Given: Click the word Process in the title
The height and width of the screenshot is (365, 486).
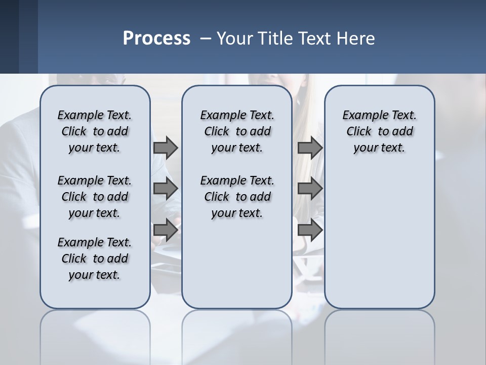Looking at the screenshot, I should tap(156, 39).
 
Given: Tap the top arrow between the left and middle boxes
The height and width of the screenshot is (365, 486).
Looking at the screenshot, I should tap(166, 148).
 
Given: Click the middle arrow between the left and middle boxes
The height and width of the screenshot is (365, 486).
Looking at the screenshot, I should tap(166, 189).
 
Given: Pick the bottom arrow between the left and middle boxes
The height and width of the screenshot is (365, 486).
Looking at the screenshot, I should tap(166, 230).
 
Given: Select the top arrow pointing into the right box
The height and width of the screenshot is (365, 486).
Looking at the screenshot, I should tap(310, 148).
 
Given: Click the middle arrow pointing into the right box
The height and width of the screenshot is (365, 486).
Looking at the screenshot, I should tap(310, 189).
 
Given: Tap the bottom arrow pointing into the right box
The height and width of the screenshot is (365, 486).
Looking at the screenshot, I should tap(310, 230).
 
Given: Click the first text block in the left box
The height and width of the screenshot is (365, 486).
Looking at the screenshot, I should tap(95, 131).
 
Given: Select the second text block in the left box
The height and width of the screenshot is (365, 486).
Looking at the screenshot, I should tap(95, 197).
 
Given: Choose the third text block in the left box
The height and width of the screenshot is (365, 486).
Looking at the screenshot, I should tap(95, 259).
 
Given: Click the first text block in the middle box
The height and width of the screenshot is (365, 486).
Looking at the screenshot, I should tap(237, 131).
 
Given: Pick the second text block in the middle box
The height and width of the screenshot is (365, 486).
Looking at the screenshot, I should tap(237, 197).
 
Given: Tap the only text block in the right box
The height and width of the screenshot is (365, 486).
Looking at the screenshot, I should tap(379, 131).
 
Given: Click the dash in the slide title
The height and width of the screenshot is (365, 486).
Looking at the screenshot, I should tap(206, 39).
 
